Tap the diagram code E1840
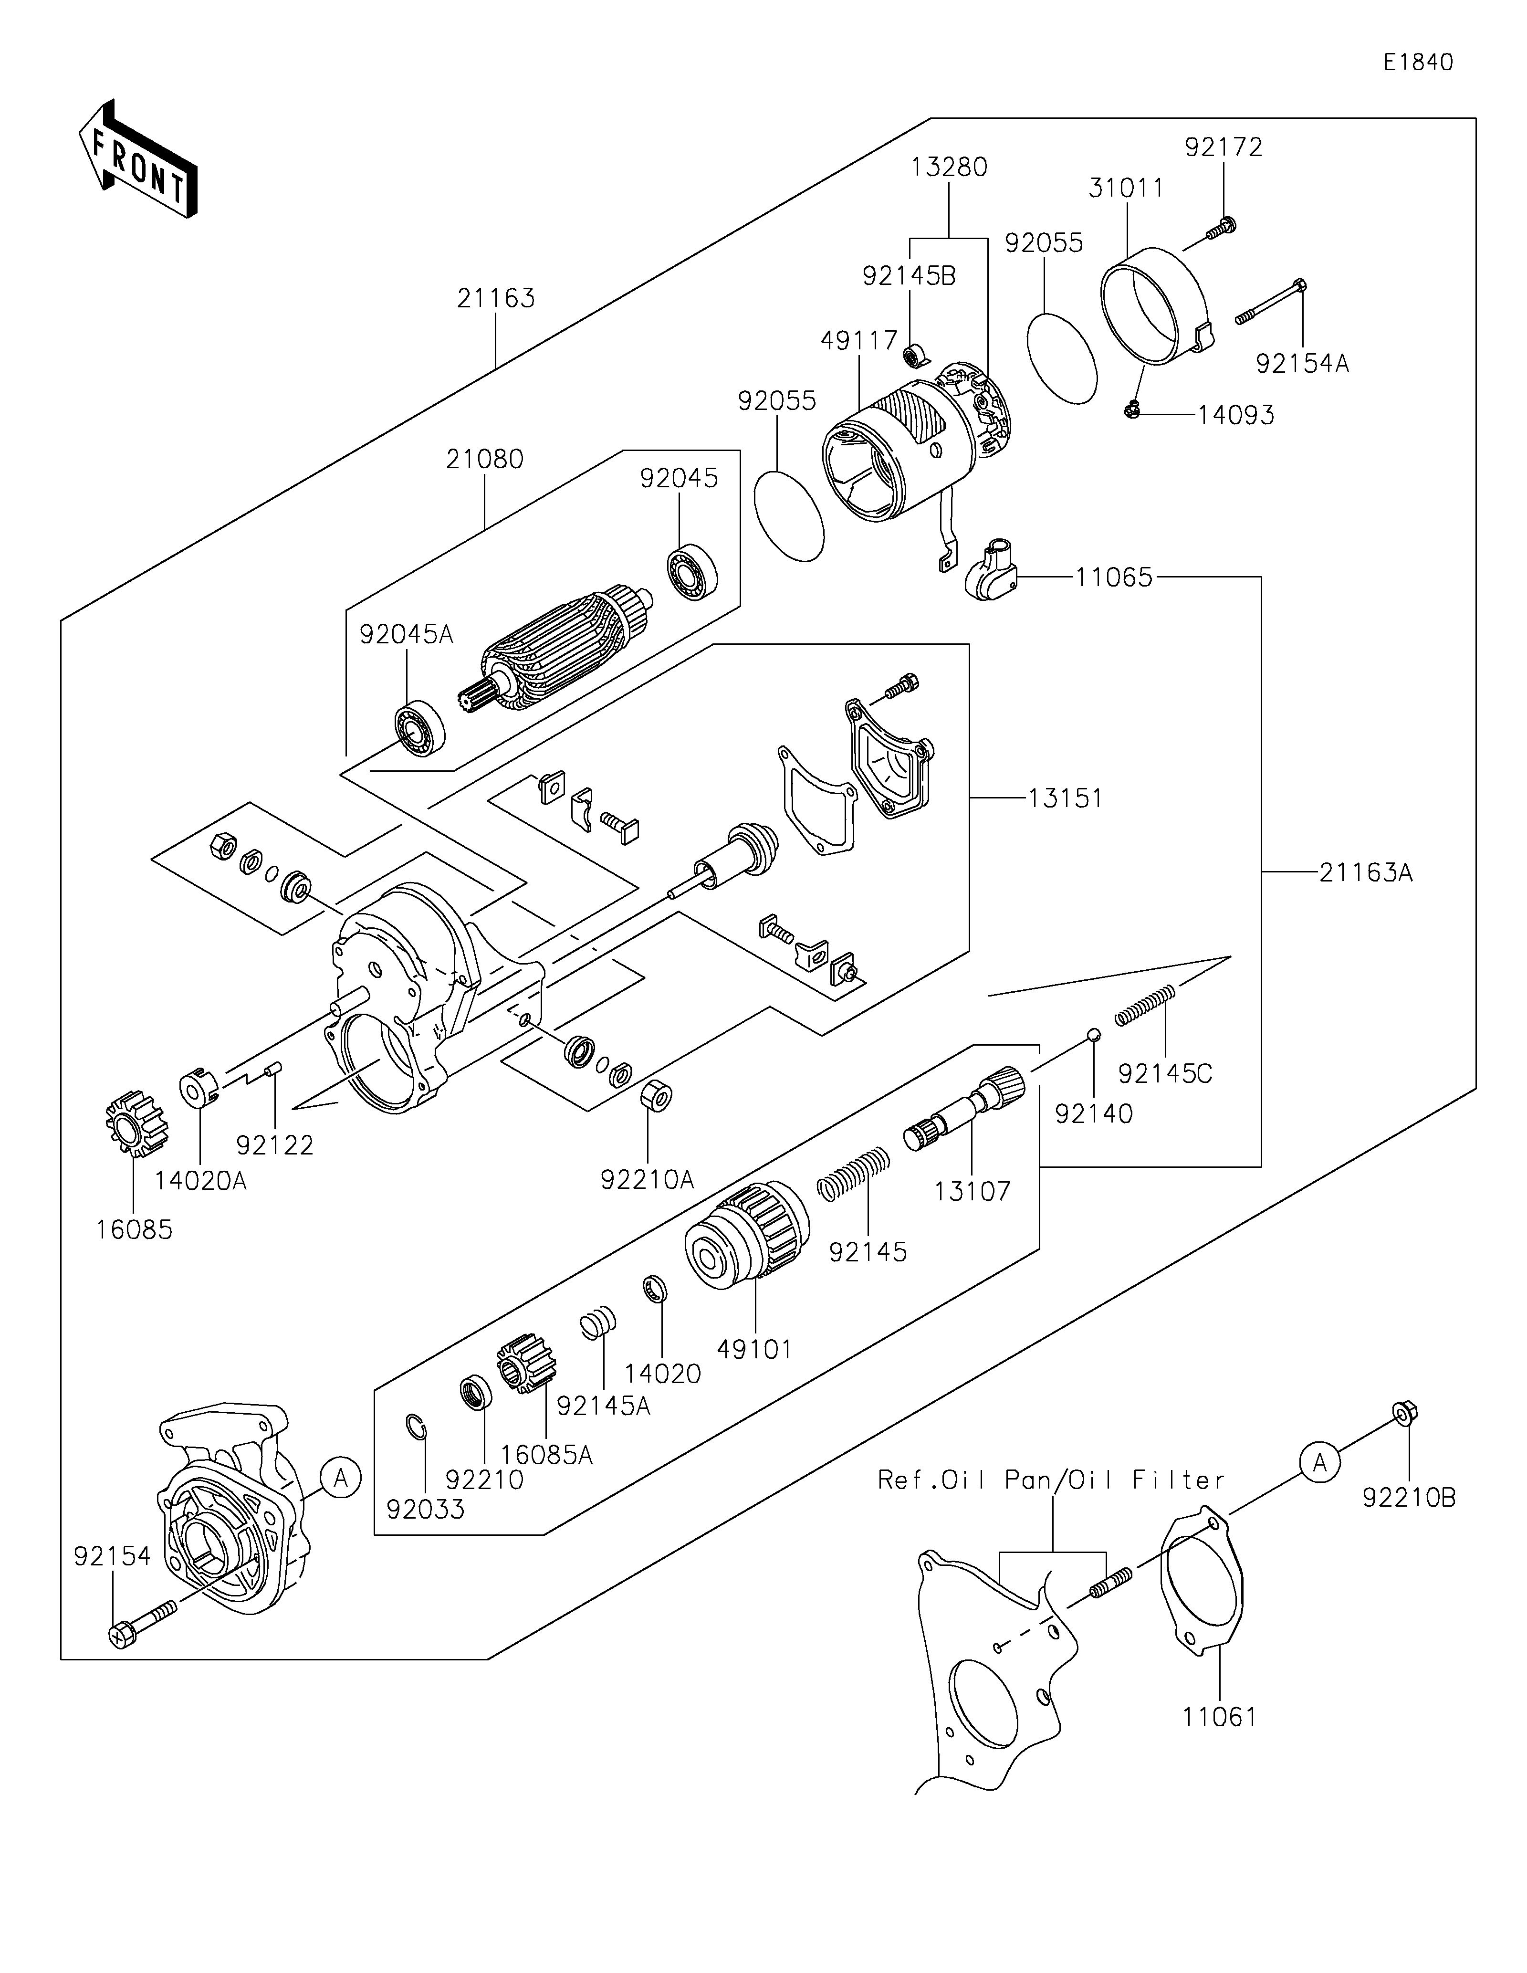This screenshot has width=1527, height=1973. (1418, 63)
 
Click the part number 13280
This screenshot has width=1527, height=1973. (949, 167)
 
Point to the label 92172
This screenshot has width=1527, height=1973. (1224, 147)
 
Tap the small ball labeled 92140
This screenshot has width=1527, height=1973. (1093, 1034)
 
